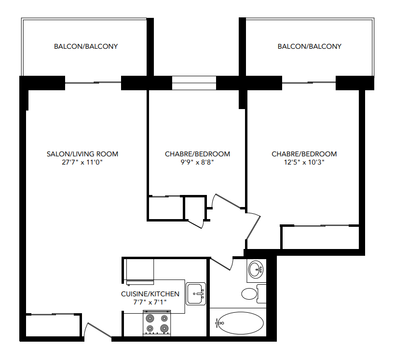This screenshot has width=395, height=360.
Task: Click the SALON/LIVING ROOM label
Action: [x=82, y=154]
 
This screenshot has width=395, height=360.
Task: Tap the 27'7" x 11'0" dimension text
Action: [x=82, y=163]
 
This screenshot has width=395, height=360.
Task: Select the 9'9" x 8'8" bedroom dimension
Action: [x=197, y=163]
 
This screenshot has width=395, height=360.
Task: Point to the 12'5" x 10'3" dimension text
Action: [x=304, y=163]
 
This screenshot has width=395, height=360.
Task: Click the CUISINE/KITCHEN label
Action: [x=150, y=294]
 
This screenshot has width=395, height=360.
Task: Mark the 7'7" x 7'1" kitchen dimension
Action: [x=150, y=302]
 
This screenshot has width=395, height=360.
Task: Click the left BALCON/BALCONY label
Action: [x=86, y=47]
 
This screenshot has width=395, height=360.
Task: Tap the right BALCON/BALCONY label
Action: [x=309, y=47]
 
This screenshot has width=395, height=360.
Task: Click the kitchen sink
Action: [x=196, y=293]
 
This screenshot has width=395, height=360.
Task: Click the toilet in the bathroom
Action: [x=253, y=293]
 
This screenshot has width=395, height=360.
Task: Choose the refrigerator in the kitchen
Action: [x=139, y=270]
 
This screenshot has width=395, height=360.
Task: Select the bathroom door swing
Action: [x=223, y=263]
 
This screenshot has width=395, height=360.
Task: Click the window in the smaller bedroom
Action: [x=194, y=83]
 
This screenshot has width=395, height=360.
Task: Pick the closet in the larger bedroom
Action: [x=320, y=237]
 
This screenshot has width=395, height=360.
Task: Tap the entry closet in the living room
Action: [x=52, y=326]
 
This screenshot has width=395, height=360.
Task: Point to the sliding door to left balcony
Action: [x=93, y=83]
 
